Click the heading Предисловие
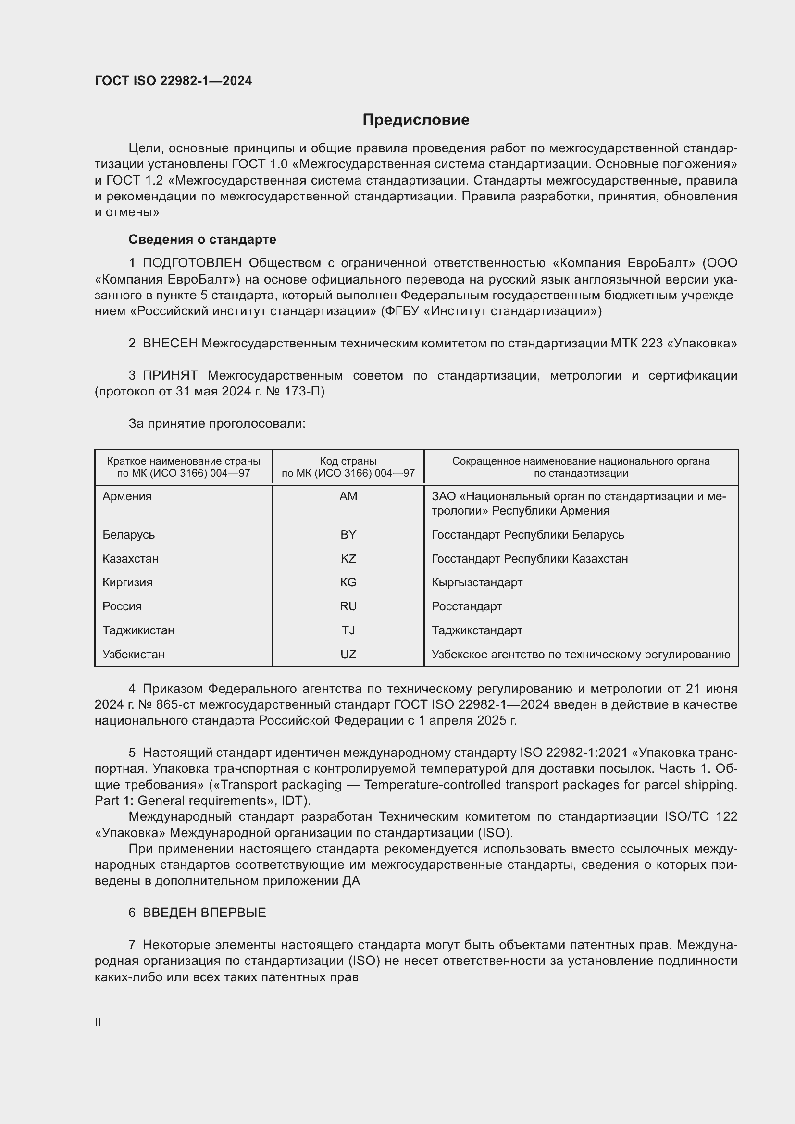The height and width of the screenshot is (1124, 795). tap(416, 120)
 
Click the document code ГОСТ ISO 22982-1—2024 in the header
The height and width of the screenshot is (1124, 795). tap(174, 81)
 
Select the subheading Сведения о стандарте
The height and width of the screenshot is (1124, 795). tap(202, 239)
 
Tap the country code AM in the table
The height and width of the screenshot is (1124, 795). tap(348, 496)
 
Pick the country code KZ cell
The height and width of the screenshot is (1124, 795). tap(348, 558)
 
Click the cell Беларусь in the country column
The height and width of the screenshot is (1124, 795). tap(128, 534)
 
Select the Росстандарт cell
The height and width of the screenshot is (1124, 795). tap(467, 606)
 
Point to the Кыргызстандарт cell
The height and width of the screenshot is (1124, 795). tap(477, 582)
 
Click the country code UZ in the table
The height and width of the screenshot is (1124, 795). tap(348, 654)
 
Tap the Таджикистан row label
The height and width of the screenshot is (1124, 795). tap(138, 630)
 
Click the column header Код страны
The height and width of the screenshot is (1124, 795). tap(348, 461)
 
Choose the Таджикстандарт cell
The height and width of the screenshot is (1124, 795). tap(477, 630)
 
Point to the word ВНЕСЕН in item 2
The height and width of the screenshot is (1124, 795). tap(170, 344)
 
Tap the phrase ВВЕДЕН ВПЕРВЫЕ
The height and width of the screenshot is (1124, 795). tap(204, 913)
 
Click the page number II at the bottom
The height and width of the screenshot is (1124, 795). tap(98, 1022)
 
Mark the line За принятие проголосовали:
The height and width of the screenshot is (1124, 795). tap(217, 423)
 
